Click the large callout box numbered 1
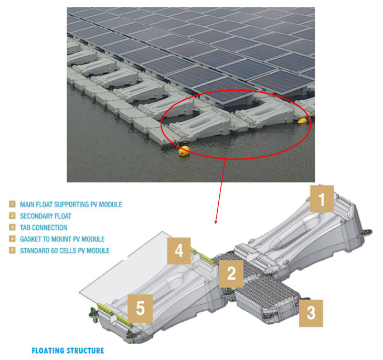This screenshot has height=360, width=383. click(x=322, y=199)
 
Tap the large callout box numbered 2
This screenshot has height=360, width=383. click(x=231, y=274)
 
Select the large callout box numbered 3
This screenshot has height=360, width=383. click(x=311, y=313)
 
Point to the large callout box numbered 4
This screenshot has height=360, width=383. click(x=179, y=251)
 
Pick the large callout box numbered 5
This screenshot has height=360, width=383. click(x=141, y=308)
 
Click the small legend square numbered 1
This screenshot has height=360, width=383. click(x=12, y=204)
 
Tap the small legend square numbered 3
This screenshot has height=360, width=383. click(x=12, y=227)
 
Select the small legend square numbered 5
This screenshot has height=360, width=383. click(x=12, y=250)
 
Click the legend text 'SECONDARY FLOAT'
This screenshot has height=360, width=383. click(x=46, y=216)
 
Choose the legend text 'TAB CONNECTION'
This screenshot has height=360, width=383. click(x=44, y=228)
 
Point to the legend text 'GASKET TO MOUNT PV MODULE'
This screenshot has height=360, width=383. click(x=62, y=239)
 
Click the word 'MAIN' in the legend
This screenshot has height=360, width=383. click(x=27, y=205)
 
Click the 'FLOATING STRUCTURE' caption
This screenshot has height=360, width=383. click(x=68, y=351)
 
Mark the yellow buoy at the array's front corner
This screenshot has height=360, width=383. click(x=184, y=151)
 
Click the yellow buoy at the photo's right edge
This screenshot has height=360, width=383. click(x=302, y=121)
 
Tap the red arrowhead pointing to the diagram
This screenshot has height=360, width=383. click(x=216, y=221)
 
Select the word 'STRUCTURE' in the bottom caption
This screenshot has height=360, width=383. click(x=85, y=351)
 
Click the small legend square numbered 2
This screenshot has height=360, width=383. click(x=12, y=216)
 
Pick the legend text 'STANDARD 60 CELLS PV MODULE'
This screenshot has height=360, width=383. click(x=65, y=251)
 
